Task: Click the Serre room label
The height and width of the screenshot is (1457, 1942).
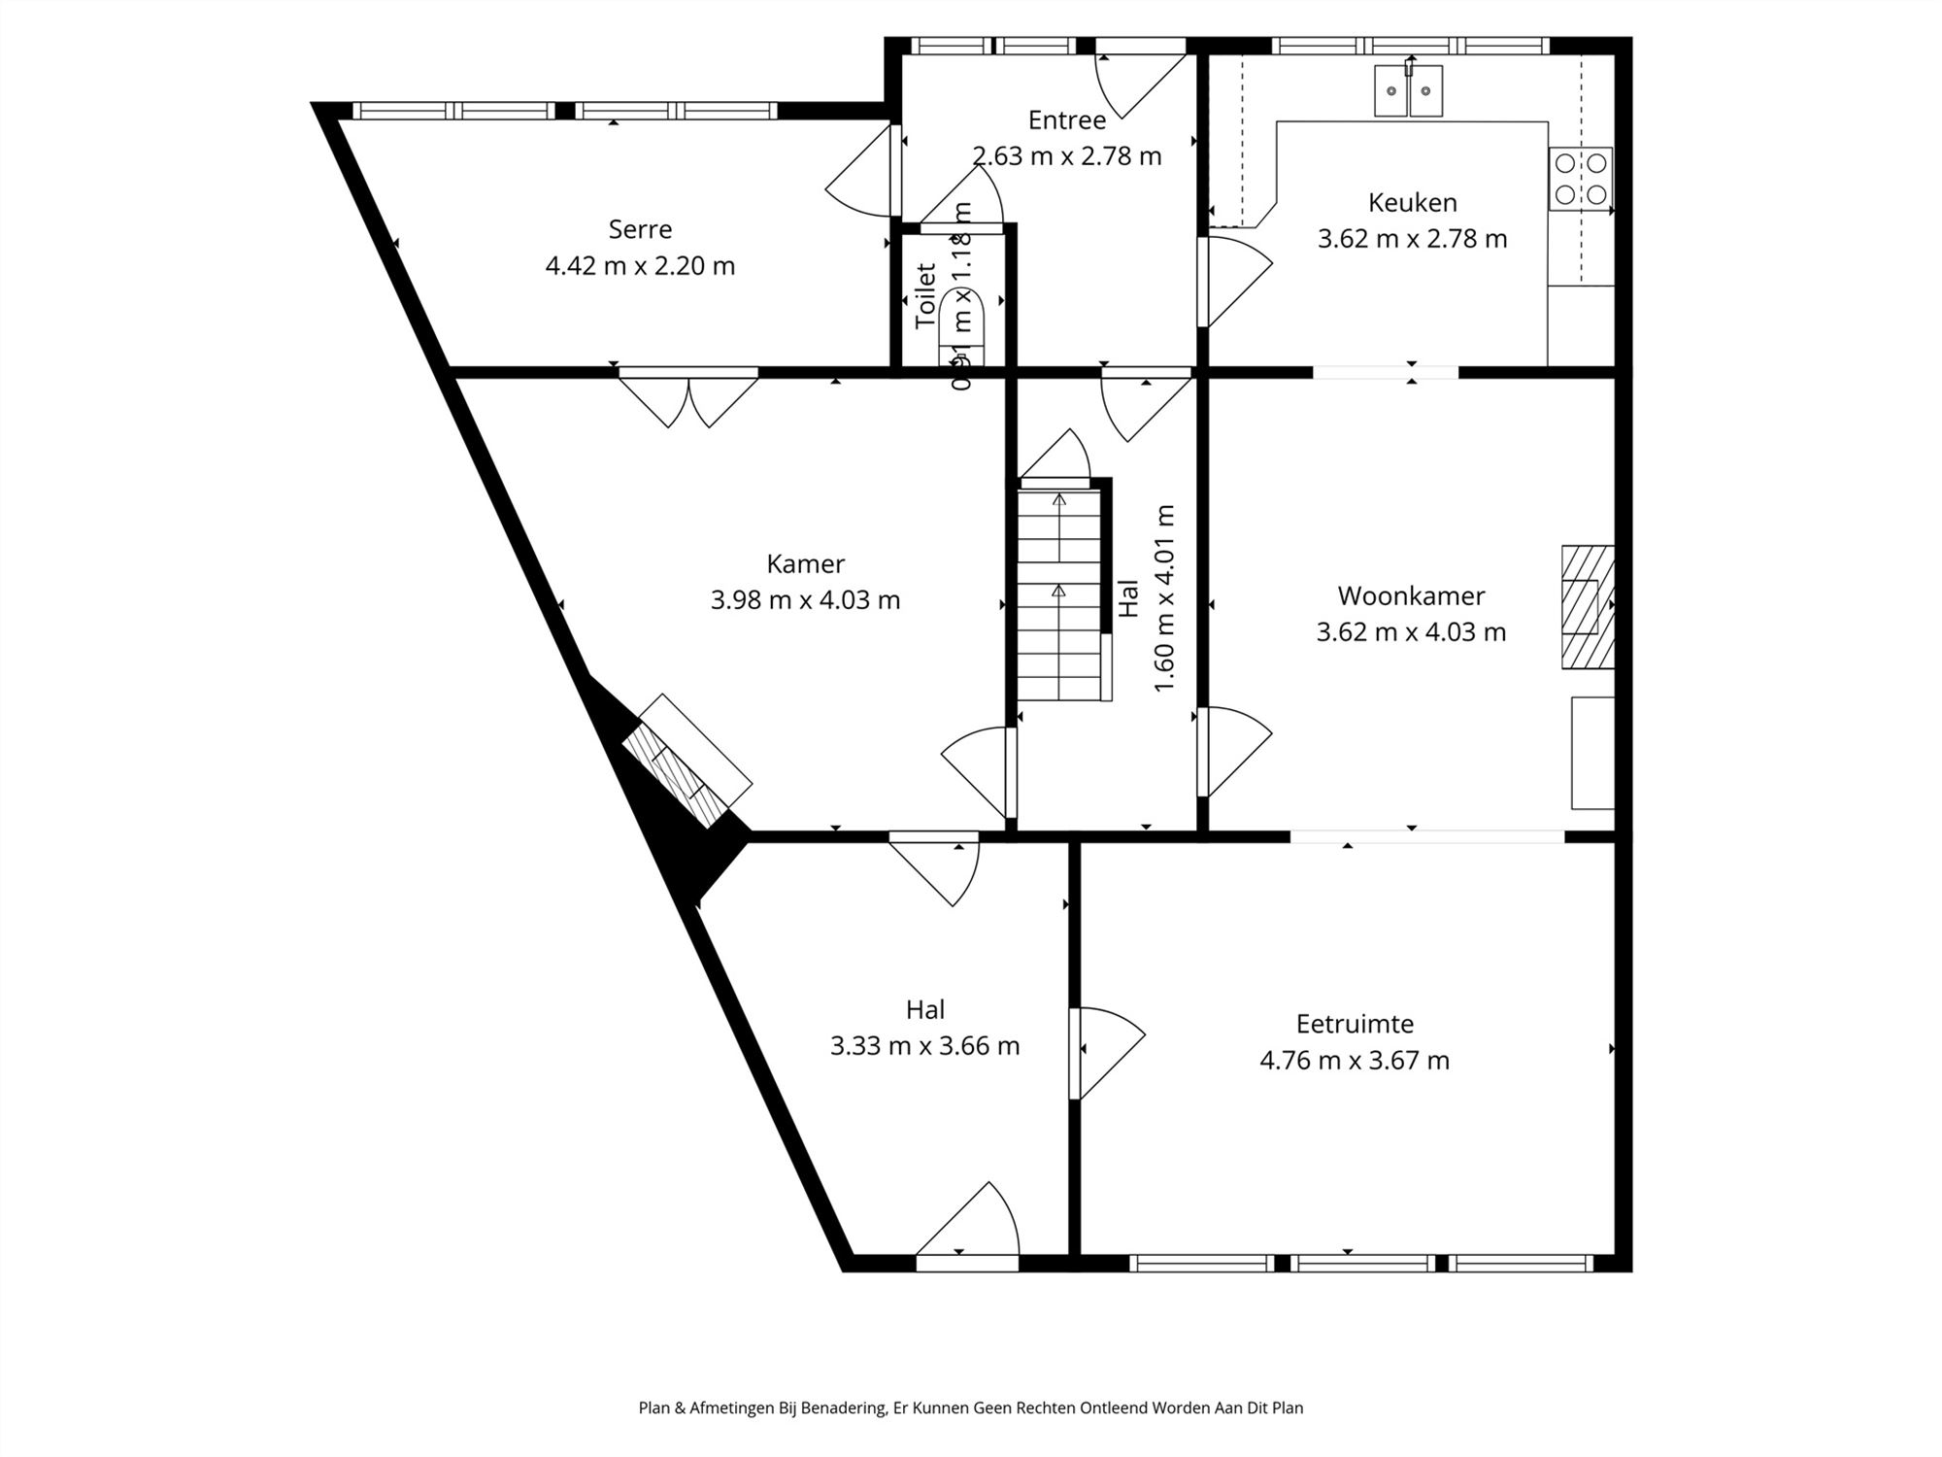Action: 640,229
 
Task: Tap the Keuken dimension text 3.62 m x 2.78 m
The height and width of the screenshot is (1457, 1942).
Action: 1412,239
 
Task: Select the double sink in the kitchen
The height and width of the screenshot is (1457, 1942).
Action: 1408,91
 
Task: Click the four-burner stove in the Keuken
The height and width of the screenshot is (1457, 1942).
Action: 1580,179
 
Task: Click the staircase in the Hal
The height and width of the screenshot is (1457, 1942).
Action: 1059,594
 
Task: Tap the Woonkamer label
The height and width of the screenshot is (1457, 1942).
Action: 1411,595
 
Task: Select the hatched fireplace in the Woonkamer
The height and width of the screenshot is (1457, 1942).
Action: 1587,607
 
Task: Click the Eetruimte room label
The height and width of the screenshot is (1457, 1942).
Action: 1355,1024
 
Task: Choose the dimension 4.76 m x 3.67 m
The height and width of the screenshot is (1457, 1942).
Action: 1355,1060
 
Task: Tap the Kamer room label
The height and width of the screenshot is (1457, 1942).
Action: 805,563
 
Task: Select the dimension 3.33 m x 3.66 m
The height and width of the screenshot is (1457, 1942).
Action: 924,1046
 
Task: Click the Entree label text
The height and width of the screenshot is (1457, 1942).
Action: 1066,120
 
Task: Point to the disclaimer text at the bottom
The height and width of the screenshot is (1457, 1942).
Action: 971,1407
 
